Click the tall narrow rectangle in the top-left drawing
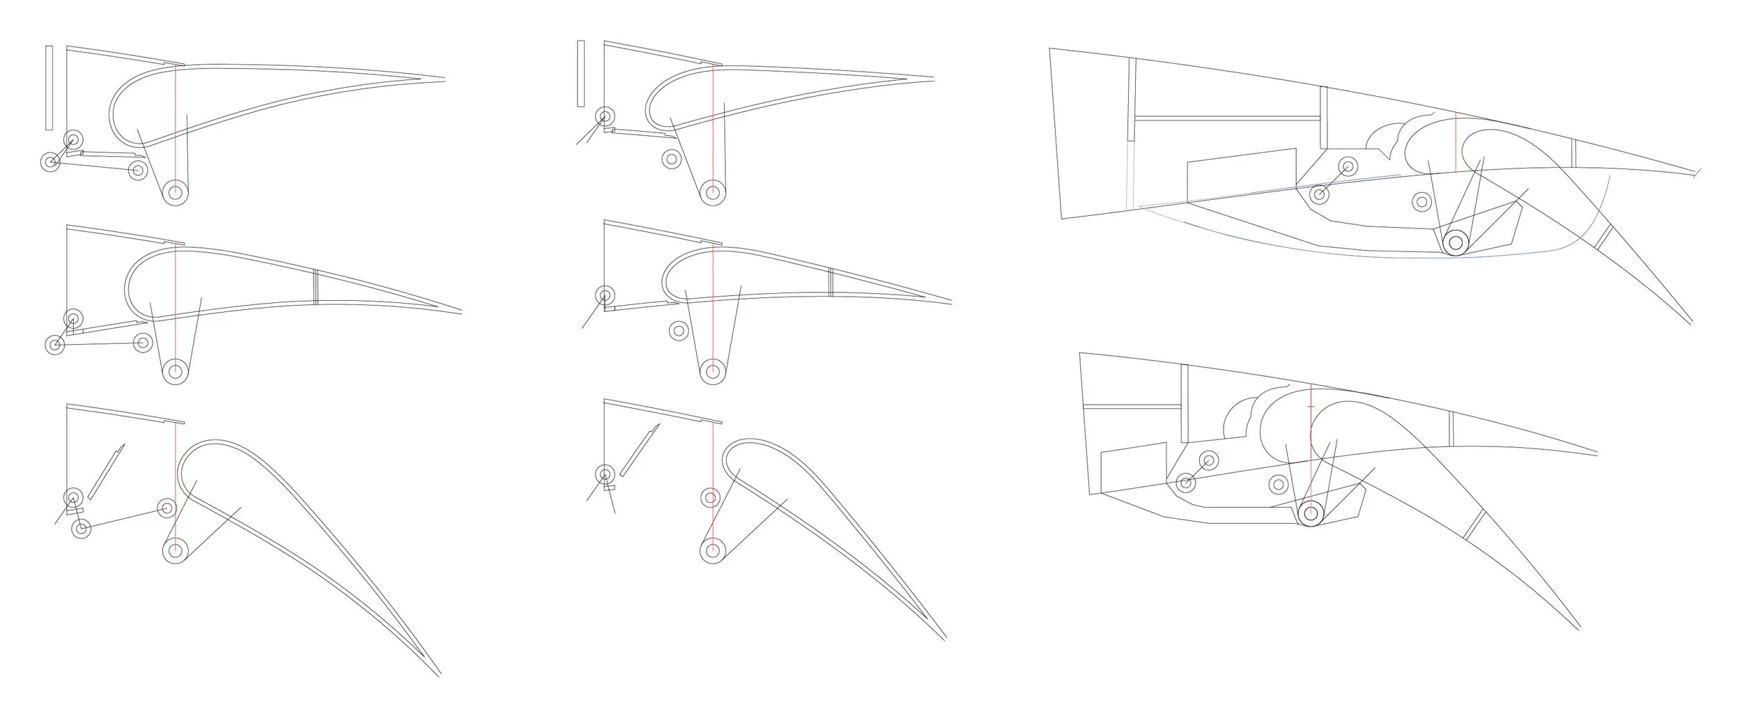tap(49, 88)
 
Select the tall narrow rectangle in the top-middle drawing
tap(580, 74)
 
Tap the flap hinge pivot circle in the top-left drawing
tap(176, 193)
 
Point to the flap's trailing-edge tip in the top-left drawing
tap(443, 78)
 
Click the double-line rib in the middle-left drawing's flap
tap(316, 286)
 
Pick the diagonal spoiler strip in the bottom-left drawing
tap(106, 471)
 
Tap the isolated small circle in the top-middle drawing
tap(671, 159)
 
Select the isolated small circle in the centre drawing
tap(677, 331)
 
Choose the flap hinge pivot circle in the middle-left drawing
tap(176, 371)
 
